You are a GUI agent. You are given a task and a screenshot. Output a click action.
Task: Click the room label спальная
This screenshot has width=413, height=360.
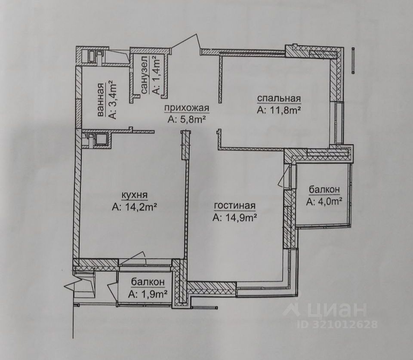pyautogui.click(x=279, y=99)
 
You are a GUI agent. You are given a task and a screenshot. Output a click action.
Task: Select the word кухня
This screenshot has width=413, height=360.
pyautogui.click(x=135, y=196)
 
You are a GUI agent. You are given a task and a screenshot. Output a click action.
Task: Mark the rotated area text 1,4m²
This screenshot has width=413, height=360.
pyautogui.click(x=156, y=76)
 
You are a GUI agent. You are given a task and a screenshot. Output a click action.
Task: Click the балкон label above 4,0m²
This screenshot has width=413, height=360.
pyautogui.click(x=324, y=189)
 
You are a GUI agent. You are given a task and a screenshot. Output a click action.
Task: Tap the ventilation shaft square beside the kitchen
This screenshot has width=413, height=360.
pyautogui.click(x=102, y=139)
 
